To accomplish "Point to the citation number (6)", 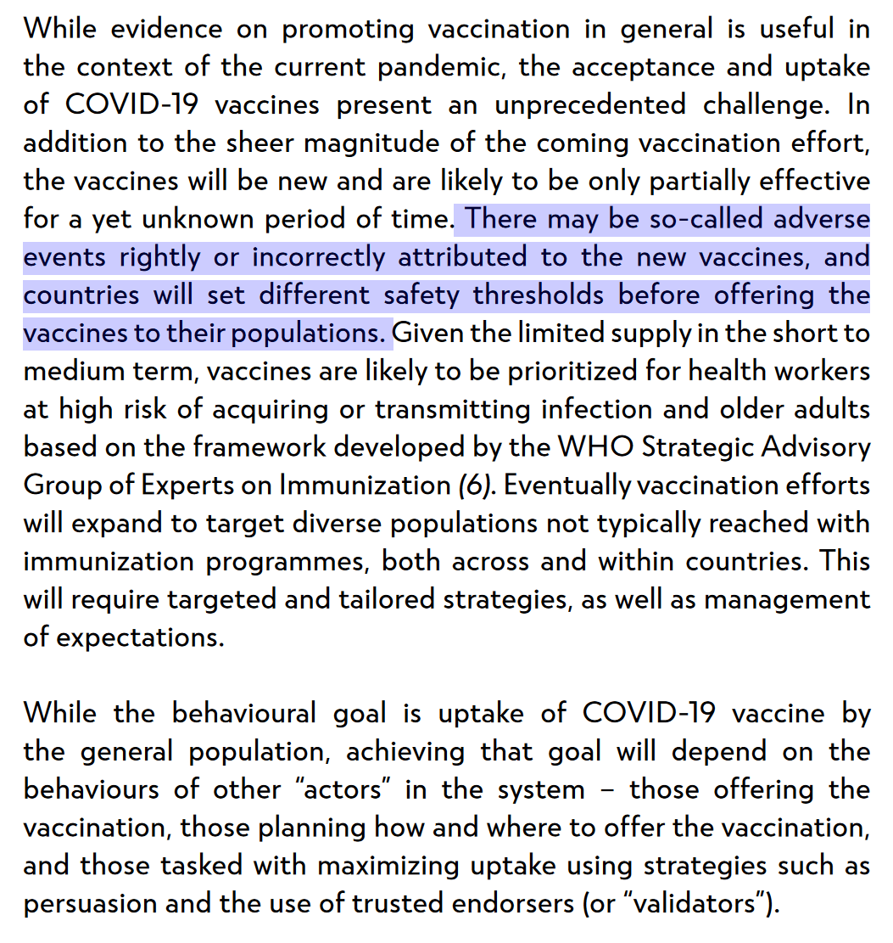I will click(x=474, y=486).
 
